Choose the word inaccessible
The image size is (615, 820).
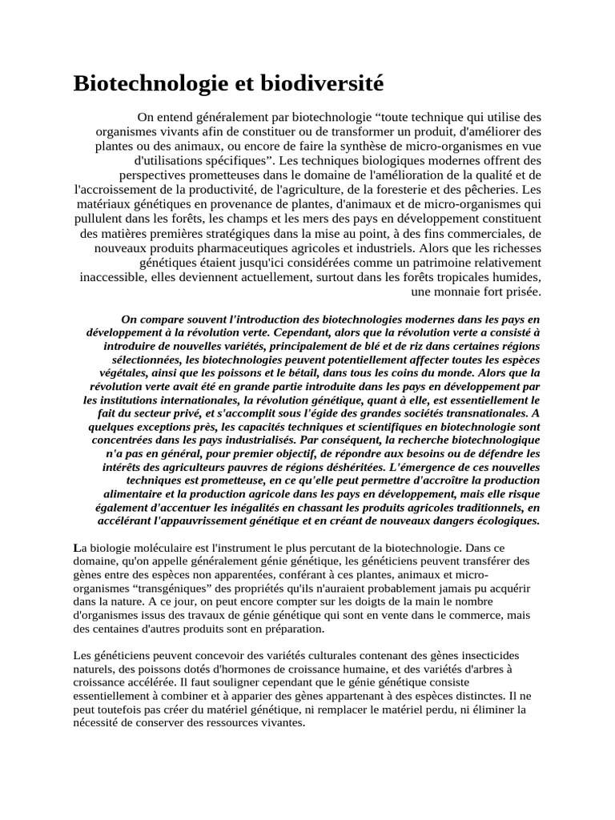(116, 276)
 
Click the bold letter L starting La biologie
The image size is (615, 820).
(76, 548)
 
